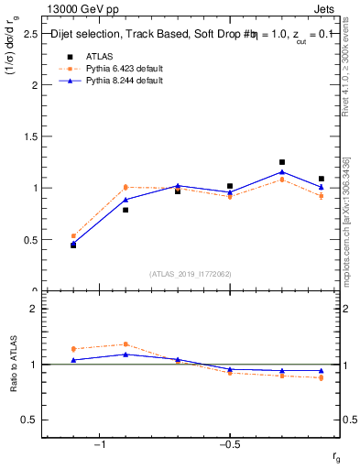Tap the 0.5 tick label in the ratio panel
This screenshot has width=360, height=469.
click(29, 420)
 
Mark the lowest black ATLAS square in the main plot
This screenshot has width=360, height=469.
click(73, 245)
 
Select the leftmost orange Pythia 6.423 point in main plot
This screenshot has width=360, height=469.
click(73, 235)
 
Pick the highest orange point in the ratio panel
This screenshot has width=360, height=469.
click(125, 344)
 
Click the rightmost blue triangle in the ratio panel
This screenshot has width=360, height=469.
click(321, 371)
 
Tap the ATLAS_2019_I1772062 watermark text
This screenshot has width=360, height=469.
click(191, 274)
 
